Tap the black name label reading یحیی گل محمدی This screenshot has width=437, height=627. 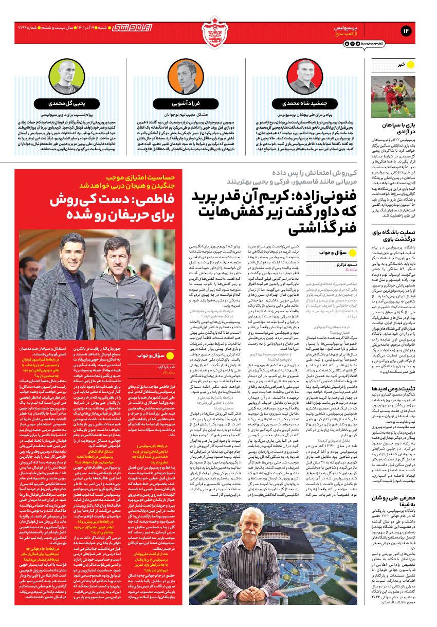pyautogui.click(x=68, y=103)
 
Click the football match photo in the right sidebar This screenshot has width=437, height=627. pyautogui.click(x=393, y=97)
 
